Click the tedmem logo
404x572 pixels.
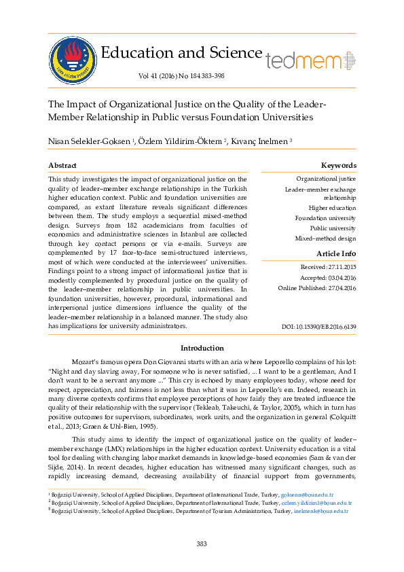coord(310,60)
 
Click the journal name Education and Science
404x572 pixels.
coord(181,53)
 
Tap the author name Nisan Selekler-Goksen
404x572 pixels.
coord(90,141)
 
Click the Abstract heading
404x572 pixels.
coord(62,166)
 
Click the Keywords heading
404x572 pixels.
coord(338,166)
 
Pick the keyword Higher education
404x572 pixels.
coord(332,208)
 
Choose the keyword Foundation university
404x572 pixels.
coord(325,218)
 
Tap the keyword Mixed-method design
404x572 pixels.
coord(325,238)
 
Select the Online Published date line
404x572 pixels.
coord(317,288)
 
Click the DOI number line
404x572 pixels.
coord(318,327)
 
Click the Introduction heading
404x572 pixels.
coord(202,348)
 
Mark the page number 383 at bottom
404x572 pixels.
coord(202,543)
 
